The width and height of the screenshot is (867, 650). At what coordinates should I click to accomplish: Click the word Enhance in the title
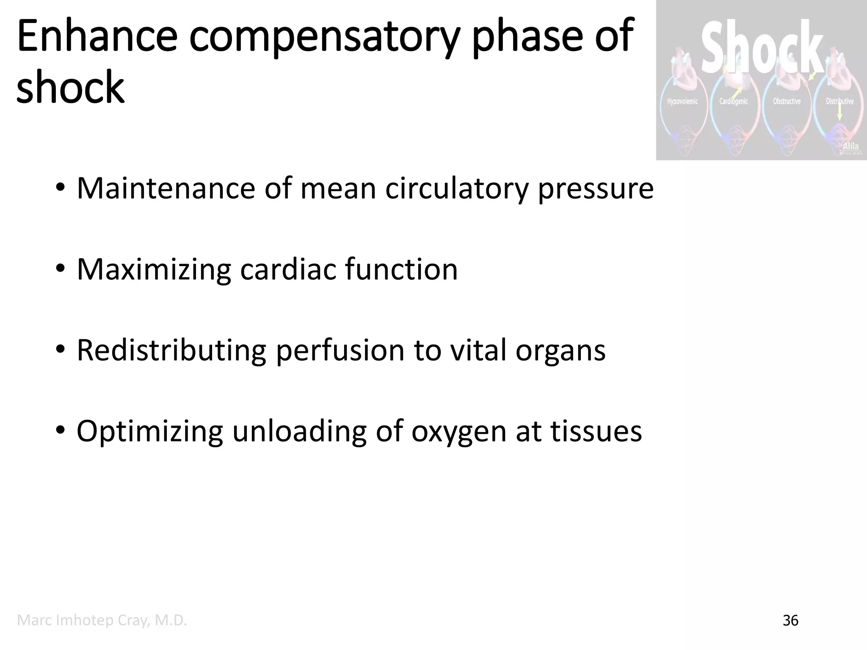97,37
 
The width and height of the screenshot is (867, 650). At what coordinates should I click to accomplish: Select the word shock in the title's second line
70,87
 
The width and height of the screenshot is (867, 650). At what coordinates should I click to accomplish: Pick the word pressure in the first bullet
596,189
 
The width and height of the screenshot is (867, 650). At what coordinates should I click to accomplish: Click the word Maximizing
153,270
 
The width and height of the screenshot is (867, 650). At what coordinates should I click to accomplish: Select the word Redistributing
171,350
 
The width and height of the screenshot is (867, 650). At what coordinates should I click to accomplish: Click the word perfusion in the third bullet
340,350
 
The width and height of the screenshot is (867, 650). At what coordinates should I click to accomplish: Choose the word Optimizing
149,432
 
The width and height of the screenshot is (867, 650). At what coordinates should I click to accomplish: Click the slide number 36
790,621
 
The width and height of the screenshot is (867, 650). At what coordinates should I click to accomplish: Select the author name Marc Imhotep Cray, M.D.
102,620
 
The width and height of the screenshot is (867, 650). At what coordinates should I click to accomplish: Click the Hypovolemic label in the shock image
682,102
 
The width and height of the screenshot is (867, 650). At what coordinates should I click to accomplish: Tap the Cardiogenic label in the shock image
734,102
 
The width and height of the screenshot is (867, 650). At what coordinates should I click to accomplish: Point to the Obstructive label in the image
787,102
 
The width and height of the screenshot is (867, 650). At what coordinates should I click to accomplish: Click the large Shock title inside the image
762,47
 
